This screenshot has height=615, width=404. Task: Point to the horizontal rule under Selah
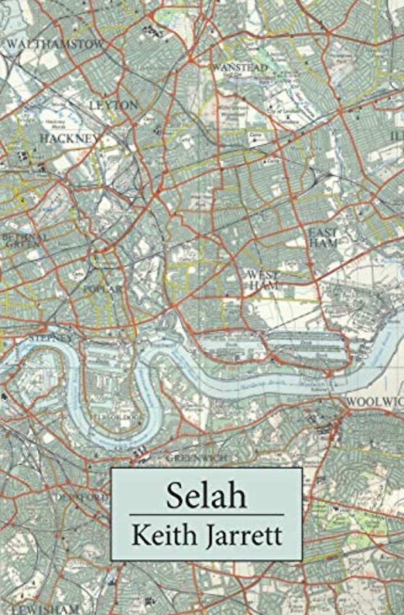pos(206,514)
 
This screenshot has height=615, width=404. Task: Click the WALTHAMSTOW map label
pos(55,44)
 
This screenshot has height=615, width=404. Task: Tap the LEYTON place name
pos(113,104)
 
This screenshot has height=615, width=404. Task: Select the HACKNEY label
pos(70,138)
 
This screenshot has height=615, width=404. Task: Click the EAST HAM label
pos(323,238)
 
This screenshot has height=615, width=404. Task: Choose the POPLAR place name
pos(103,290)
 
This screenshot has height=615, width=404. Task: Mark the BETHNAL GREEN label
pos(24,240)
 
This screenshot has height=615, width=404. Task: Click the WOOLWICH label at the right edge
pos(375,402)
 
